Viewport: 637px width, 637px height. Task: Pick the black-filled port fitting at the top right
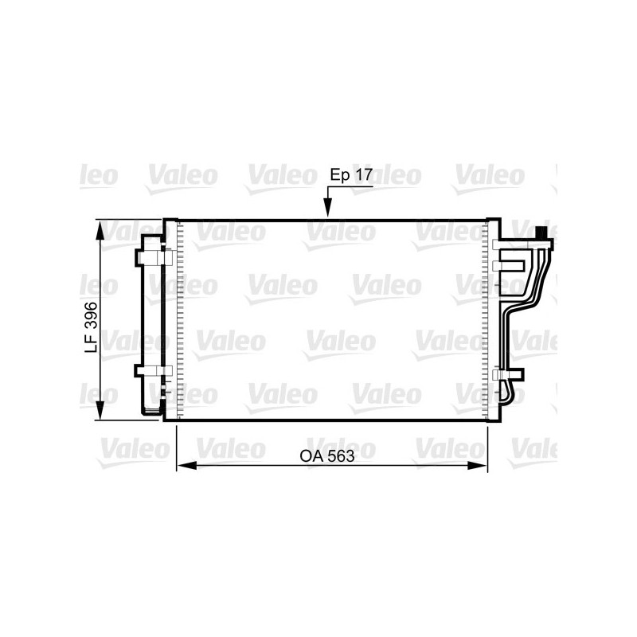tap(542, 233)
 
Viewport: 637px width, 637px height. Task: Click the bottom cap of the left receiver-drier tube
tap(150, 412)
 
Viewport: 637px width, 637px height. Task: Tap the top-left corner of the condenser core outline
tap(166, 220)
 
